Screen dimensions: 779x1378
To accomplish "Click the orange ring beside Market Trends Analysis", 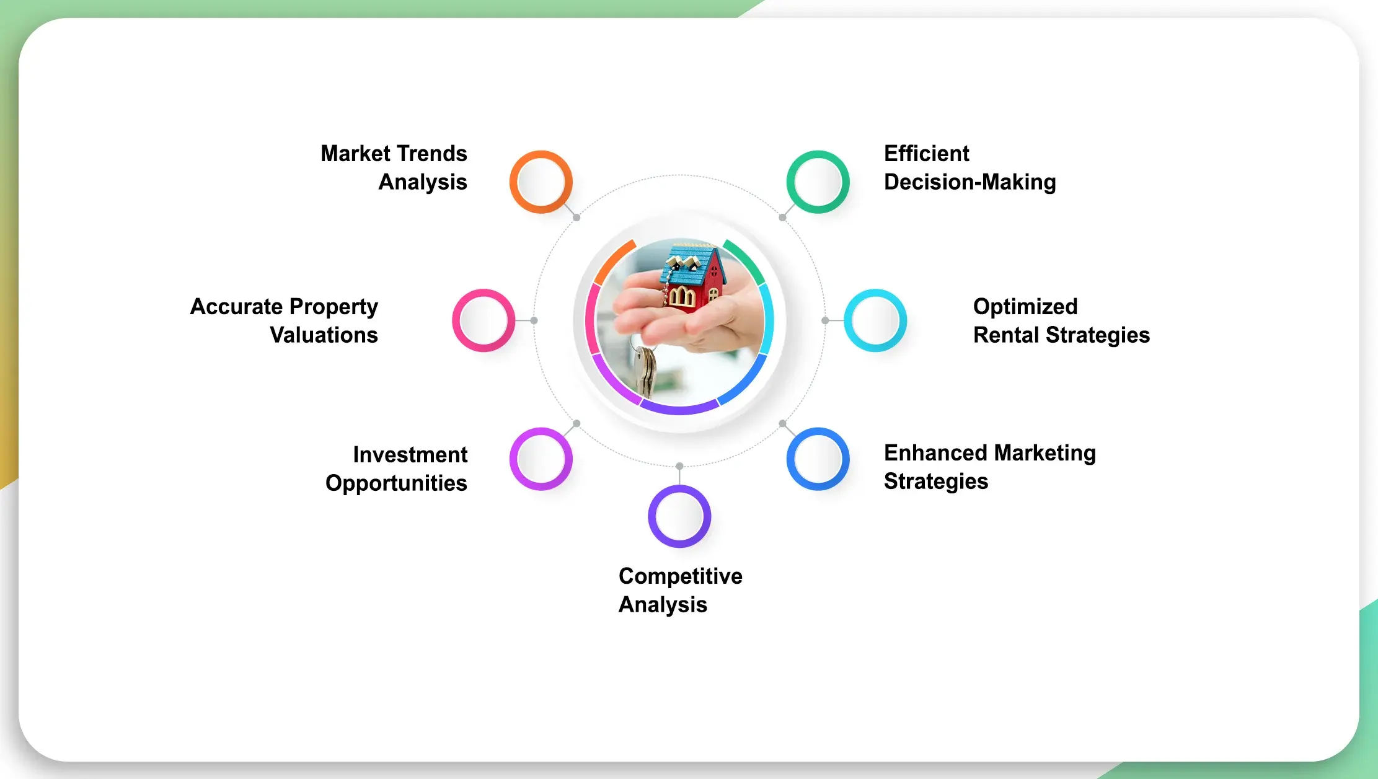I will click(x=541, y=182).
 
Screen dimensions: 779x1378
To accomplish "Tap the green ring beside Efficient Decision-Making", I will click(x=818, y=182).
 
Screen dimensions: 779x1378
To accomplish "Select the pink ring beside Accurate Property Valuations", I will click(x=483, y=320).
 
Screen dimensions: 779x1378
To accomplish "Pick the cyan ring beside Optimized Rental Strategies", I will click(x=875, y=320).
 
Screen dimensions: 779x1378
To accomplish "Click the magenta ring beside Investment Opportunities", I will click(x=541, y=459).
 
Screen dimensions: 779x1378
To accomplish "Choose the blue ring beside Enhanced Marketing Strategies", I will click(x=818, y=459).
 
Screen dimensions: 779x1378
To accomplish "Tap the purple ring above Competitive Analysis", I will click(x=679, y=516).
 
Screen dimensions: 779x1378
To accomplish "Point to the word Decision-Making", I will click(x=969, y=182).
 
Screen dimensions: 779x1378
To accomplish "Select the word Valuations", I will click(x=324, y=335).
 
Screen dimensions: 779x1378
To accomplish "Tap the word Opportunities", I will click(x=396, y=483).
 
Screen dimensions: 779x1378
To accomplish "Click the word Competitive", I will click(x=680, y=576).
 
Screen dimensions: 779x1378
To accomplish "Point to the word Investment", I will click(x=410, y=455).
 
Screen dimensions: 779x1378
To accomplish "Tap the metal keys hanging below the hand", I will click(x=645, y=369).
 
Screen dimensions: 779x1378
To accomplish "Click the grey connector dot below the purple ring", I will click(x=679, y=466).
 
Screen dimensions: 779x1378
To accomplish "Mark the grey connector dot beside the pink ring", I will click(x=534, y=320).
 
